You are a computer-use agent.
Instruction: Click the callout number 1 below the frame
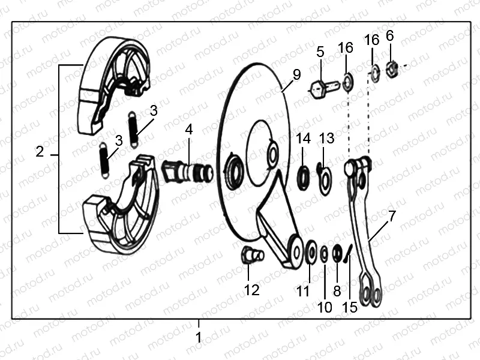pos(199,337)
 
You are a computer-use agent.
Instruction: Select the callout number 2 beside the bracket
pos(40,152)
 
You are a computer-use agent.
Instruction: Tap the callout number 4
pos(188,130)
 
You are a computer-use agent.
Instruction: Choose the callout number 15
pos(349,307)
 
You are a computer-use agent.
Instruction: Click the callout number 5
pos(320,52)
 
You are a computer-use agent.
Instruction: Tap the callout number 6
pos(390,36)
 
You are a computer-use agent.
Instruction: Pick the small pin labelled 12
pos(250,256)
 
